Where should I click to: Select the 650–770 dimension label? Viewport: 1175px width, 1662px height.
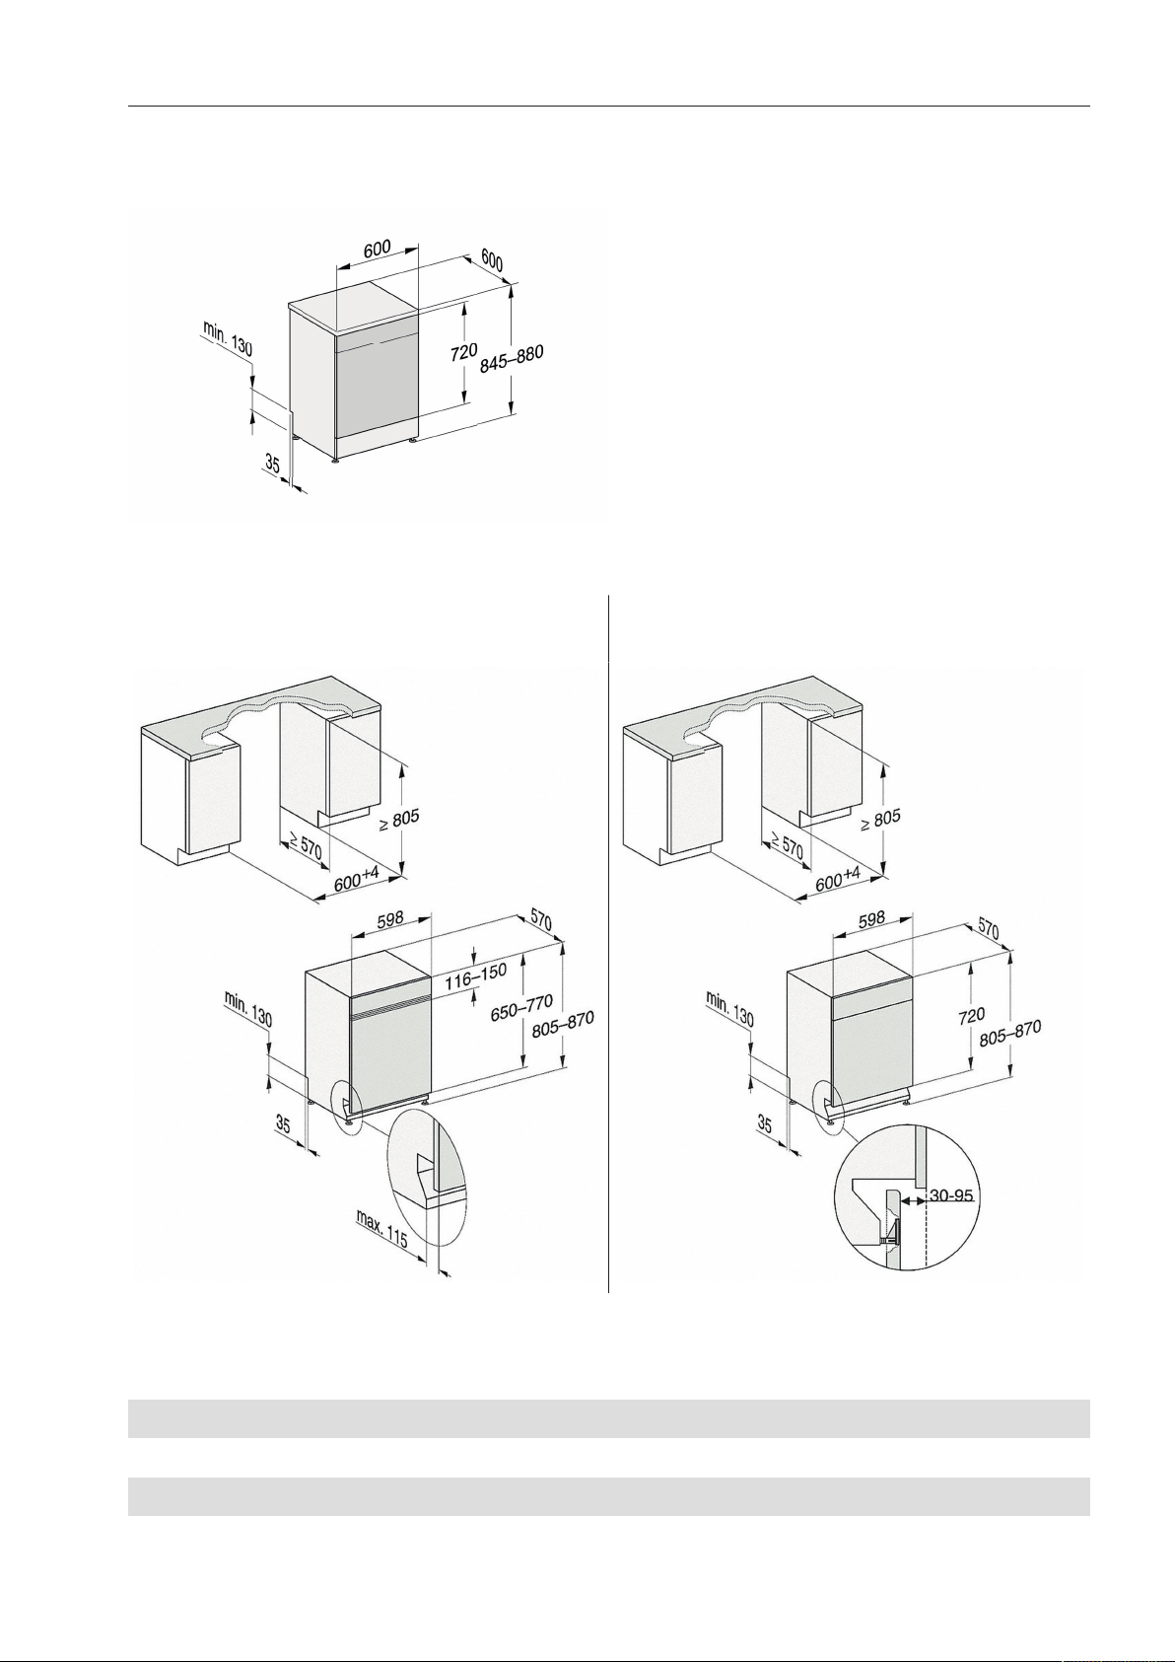click(521, 1008)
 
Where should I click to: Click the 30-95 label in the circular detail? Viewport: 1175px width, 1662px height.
click(950, 1195)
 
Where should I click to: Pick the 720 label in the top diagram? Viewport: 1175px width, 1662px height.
click(465, 352)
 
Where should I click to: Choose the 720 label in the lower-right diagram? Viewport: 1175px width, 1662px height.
click(972, 1016)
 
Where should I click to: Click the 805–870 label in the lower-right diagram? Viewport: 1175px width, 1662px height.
click(1010, 1033)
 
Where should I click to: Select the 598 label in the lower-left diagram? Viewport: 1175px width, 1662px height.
click(390, 918)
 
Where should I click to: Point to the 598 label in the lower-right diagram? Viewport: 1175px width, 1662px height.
click(871, 918)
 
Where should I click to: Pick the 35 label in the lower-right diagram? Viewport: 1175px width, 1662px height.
click(765, 1124)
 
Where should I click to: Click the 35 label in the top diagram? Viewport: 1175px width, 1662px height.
click(272, 466)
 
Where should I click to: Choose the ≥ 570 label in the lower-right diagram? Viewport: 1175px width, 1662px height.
click(785, 846)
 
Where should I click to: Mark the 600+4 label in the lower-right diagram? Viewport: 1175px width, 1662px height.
click(839, 880)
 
